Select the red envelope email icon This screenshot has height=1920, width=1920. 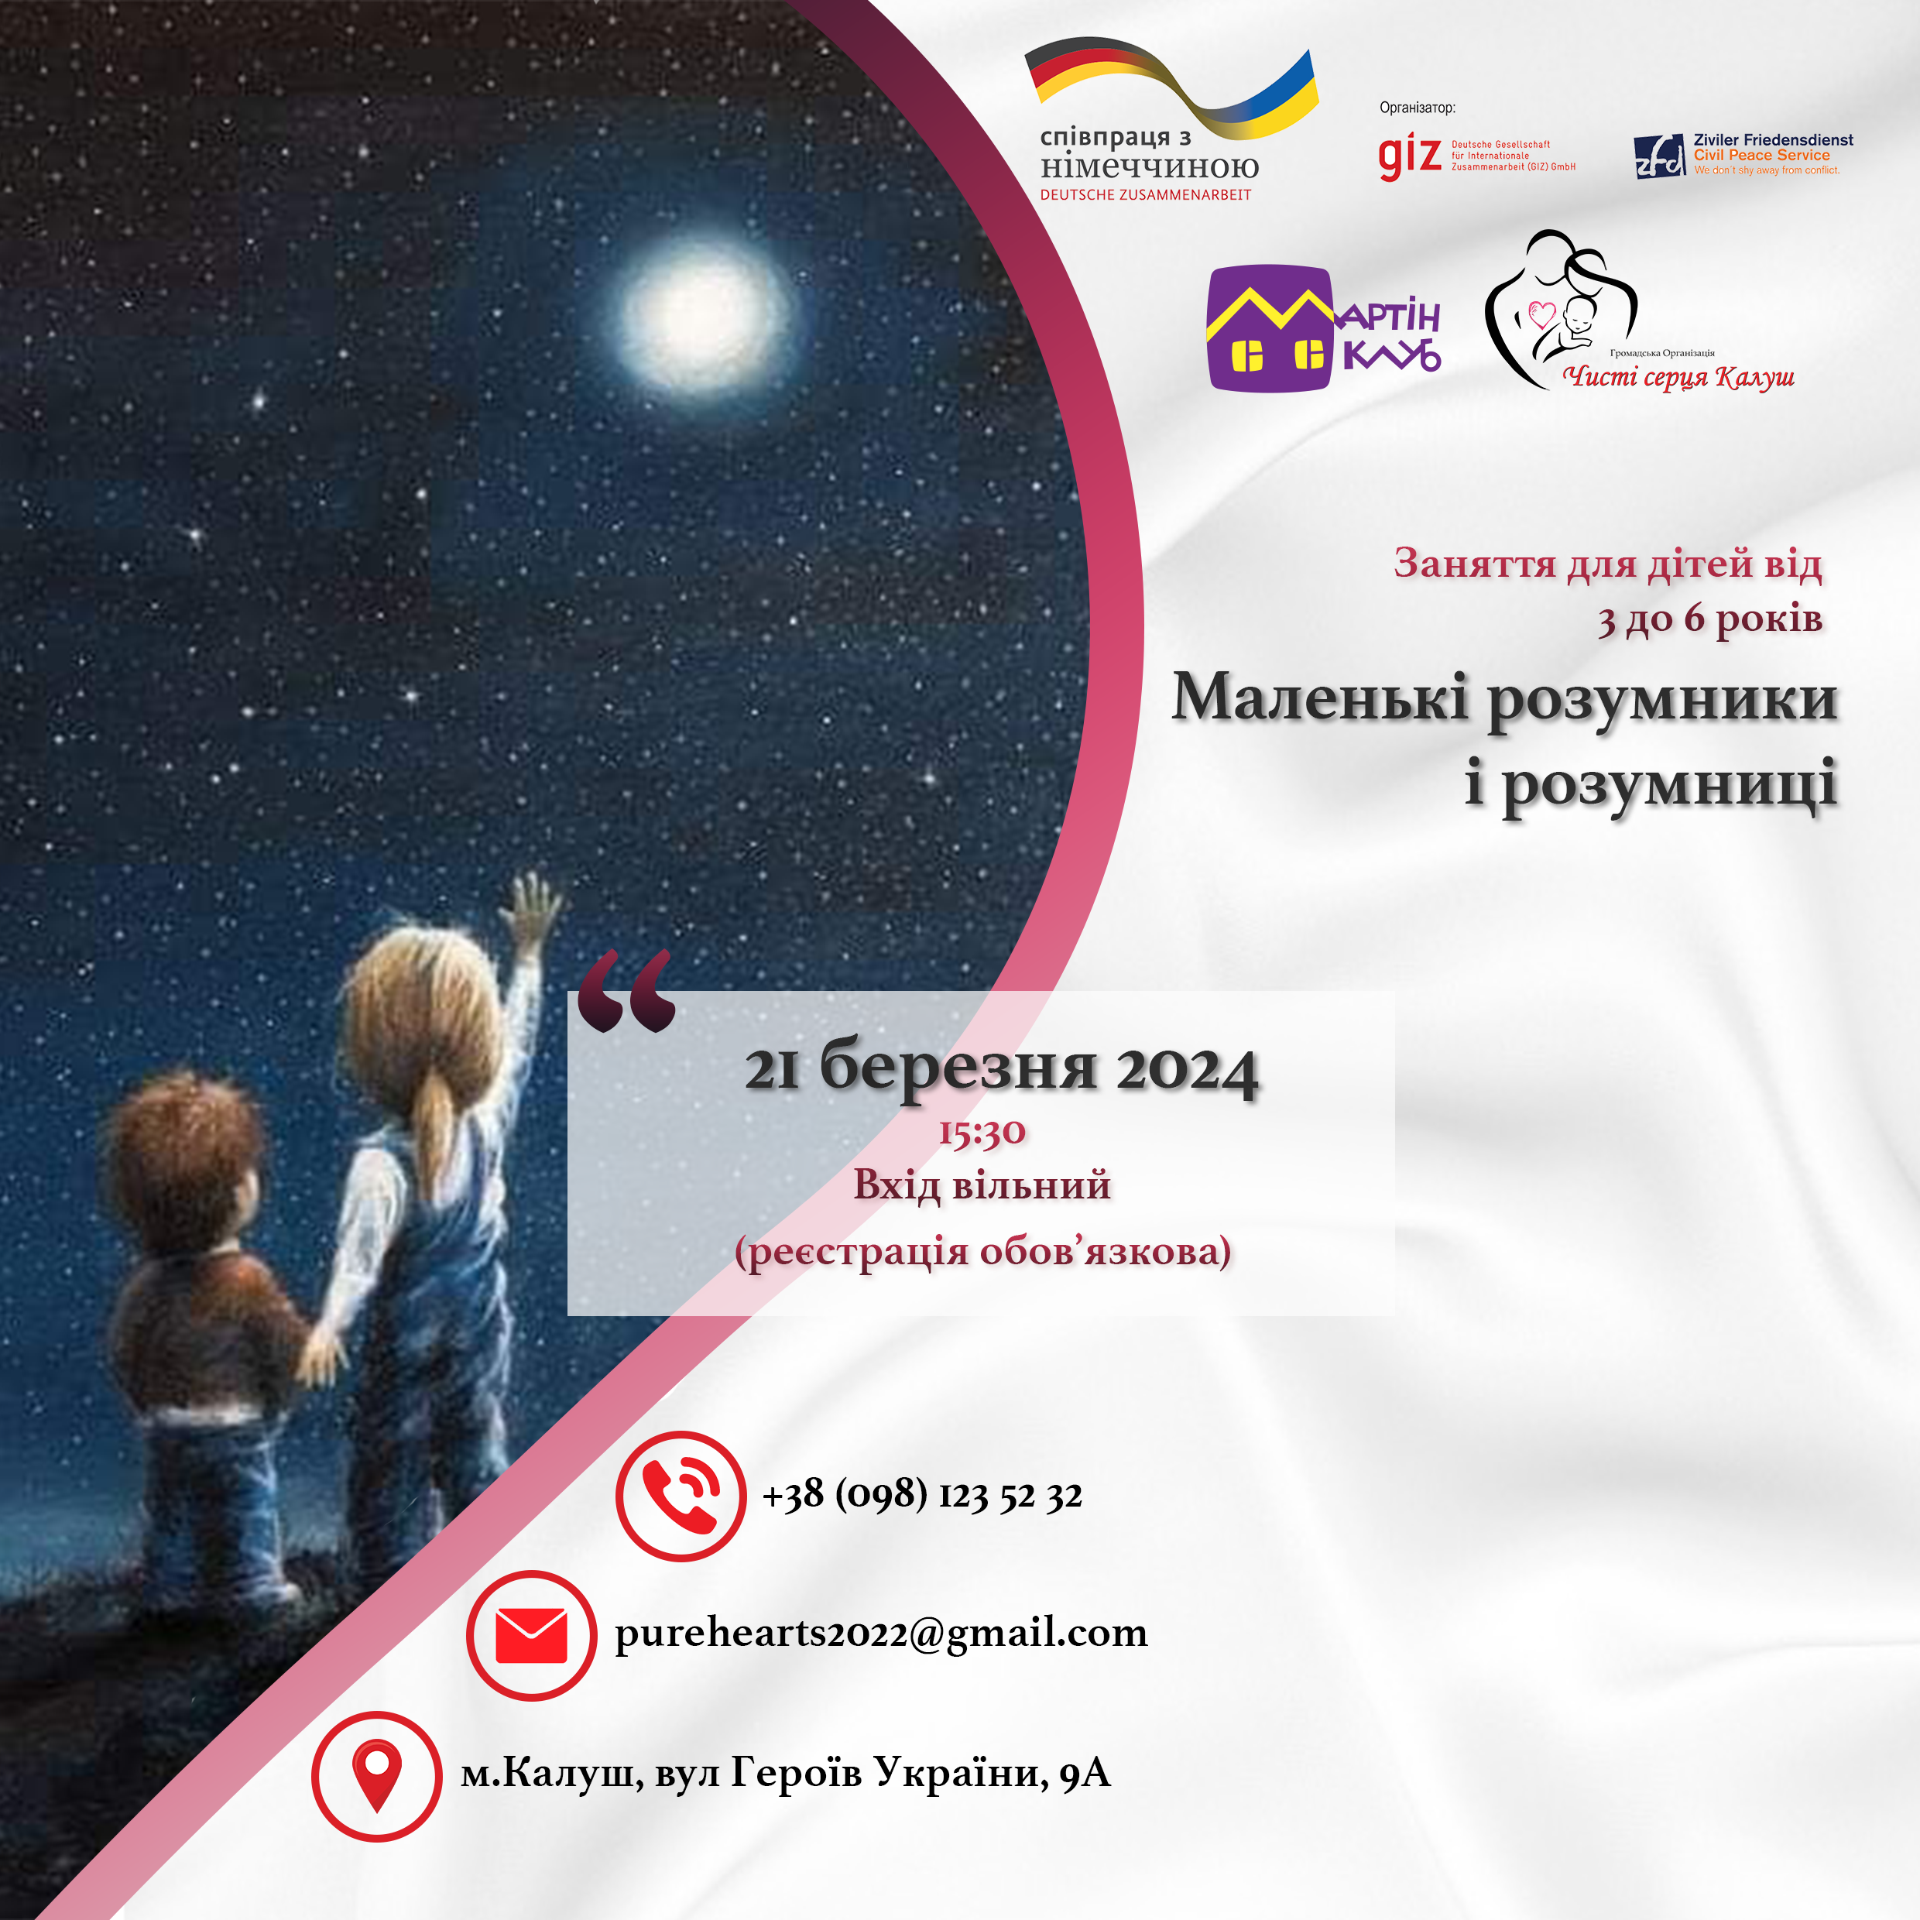click(x=532, y=1636)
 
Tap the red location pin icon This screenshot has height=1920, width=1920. click(x=377, y=1776)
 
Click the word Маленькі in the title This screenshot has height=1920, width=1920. click(x=1320, y=698)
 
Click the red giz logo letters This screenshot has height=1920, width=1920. click(x=1409, y=157)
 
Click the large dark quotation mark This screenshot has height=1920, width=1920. click(x=626, y=992)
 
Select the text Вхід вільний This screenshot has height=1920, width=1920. click(x=982, y=1185)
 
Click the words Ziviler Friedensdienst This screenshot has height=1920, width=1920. click(x=1774, y=140)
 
